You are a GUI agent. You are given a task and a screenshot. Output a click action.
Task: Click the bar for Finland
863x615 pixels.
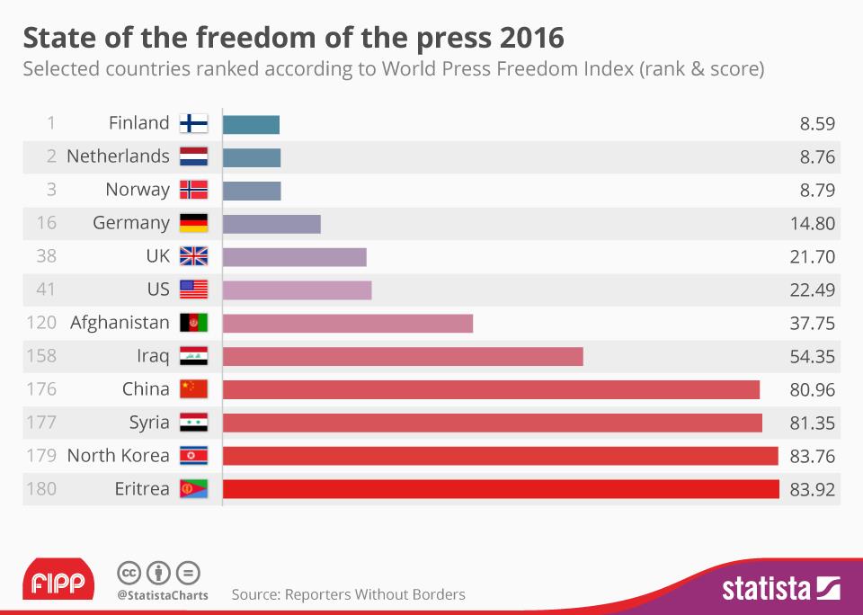(x=251, y=123)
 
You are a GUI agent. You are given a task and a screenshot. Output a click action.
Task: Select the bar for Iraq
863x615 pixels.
(x=403, y=356)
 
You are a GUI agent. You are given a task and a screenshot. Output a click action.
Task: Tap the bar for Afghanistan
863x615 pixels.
(x=348, y=323)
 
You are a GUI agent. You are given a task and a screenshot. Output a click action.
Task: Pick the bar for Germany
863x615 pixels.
(x=271, y=223)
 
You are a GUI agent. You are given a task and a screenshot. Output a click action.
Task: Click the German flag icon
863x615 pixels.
(x=193, y=223)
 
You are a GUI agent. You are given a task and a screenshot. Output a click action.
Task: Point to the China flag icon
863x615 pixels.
(x=193, y=389)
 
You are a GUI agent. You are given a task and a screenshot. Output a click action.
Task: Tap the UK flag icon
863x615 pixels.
(x=193, y=256)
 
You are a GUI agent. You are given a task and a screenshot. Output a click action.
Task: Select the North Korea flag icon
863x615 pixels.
(x=193, y=456)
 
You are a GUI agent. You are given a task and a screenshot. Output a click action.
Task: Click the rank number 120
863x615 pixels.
(x=41, y=323)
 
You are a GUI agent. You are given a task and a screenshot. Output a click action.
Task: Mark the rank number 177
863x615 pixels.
(x=41, y=423)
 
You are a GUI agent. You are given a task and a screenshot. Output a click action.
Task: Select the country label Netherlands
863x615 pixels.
(x=118, y=156)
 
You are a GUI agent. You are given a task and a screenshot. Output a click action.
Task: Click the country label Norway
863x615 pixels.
(x=137, y=190)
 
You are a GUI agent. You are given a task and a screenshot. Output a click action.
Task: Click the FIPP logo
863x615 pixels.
(x=58, y=582)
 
